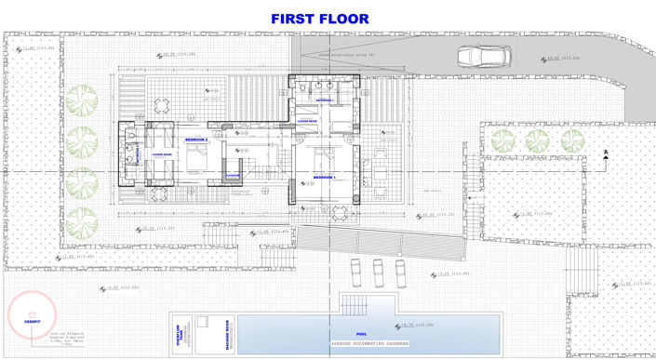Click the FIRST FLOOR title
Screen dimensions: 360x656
click(319, 18)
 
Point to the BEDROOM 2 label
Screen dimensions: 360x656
click(197, 140)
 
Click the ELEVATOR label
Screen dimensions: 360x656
click(234, 174)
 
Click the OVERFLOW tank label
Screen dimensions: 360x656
click(177, 333)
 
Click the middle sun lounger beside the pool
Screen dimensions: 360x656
click(378, 271)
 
